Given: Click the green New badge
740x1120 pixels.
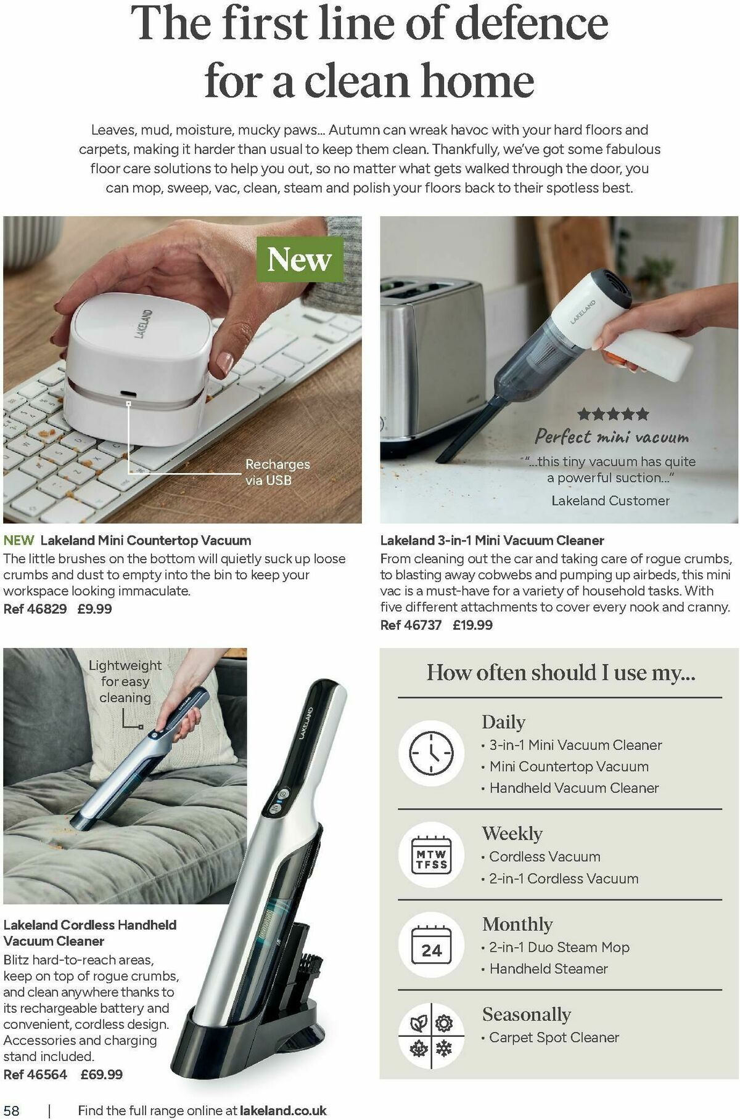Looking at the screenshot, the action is (x=299, y=259).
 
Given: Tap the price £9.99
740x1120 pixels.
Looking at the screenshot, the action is (x=95, y=609).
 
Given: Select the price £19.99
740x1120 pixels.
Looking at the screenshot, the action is (x=472, y=625).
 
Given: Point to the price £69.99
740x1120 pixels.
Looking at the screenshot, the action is (x=102, y=1074).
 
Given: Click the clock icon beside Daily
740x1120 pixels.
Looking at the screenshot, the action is (x=431, y=753).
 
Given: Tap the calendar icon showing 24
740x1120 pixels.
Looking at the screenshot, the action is (x=431, y=947).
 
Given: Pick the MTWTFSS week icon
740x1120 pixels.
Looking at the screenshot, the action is (x=431, y=854).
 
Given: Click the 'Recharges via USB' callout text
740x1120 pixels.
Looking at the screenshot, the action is (x=277, y=472).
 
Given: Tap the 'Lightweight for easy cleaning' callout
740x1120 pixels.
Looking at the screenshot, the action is (x=125, y=681).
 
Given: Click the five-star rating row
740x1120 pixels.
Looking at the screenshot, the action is (x=613, y=414).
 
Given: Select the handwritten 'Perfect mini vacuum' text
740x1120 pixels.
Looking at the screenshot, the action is (x=611, y=437).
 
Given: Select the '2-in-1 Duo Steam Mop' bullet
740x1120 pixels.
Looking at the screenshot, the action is (x=556, y=947).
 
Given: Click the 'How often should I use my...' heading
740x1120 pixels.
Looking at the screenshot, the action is (x=561, y=672).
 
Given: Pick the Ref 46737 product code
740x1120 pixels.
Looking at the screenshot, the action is (x=411, y=625).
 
